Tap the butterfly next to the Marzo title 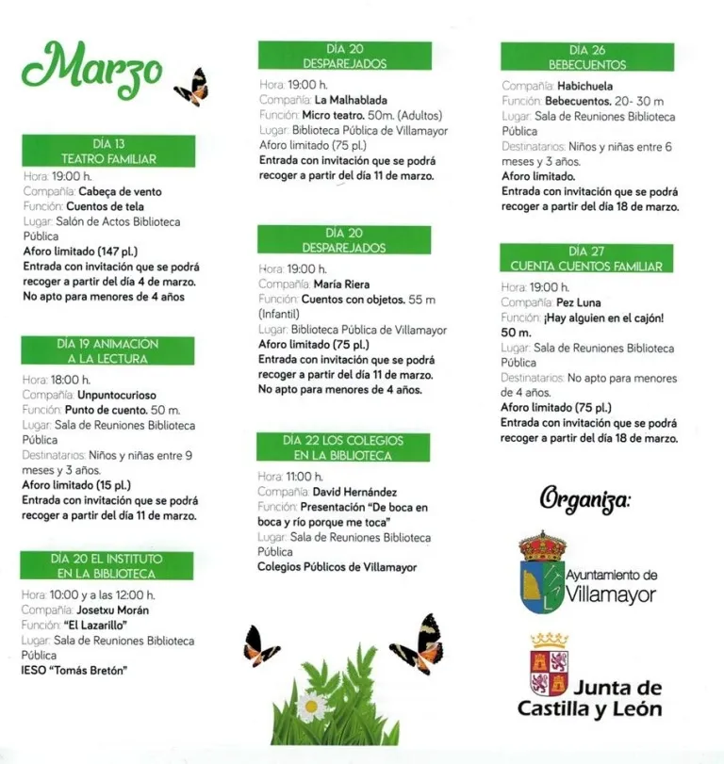click(x=192, y=87)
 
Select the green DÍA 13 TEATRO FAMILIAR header click(x=108, y=152)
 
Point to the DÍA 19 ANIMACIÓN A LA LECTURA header click(x=108, y=351)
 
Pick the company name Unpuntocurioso click(x=111, y=395)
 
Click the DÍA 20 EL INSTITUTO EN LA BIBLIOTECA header click(x=108, y=565)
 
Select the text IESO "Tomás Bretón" click(x=74, y=670)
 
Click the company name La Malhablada click(x=351, y=99)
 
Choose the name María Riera click(x=342, y=284)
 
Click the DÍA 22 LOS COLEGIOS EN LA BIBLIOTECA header click(x=343, y=447)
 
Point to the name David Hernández click(x=355, y=492)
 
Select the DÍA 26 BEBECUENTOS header click(x=587, y=57)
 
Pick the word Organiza click(x=585, y=500)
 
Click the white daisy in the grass click(x=309, y=705)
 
